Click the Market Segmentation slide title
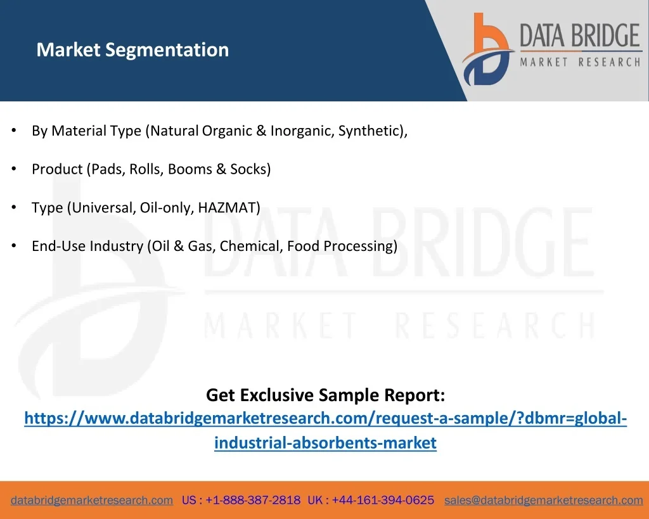coord(132,50)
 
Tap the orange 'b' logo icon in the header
coord(488,49)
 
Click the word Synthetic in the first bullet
coord(371,131)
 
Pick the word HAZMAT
coord(227,207)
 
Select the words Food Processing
coord(340,247)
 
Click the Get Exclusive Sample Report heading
coord(325,395)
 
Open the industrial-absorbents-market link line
coord(325,443)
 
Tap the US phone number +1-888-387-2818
coord(253,500)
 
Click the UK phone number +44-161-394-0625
coord(383,500)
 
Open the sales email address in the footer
coord(543,500)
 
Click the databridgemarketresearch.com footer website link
coord(92,500)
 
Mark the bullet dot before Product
coord(14,169)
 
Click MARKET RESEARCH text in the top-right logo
coord(581,62)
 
